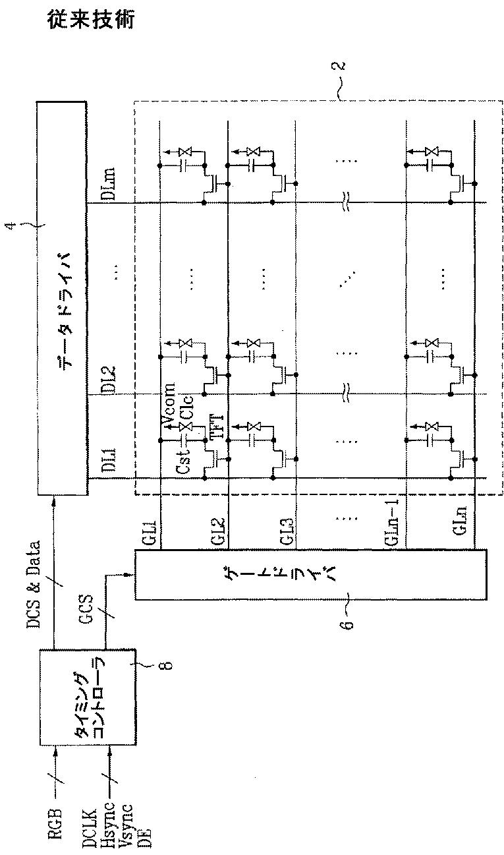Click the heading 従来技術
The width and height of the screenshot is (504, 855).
click(92, 20)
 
